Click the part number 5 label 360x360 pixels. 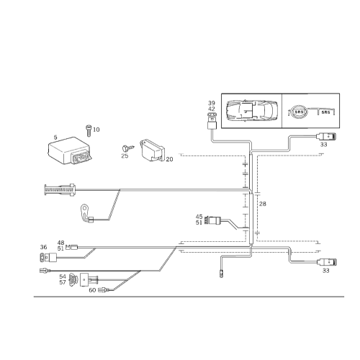pyautogui.click(x=55, y=138)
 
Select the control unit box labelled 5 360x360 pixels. pyautogui.click(x=69, y=150)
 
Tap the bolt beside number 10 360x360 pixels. pyautogui.click(x=89, y=131)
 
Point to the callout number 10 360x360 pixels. pyautogui.click(x=96, y=130)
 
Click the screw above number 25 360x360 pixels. pyautogui.click(x=127, y=148)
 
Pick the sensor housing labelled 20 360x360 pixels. pyautogui.click(x=153, y=150)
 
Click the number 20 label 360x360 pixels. pyautogui.click(x=169, y=159)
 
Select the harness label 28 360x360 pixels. pyautogui.click(x=263, y=204)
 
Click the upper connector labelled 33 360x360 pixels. pyautogui.click(x=326, y=137)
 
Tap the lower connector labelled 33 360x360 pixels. pyautogui.click(x=327, y=262)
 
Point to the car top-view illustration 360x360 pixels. pyautogui.click(x=252, y=111)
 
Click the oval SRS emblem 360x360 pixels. pyautogui.click(x=299, y=112)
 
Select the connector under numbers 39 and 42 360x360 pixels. pyautogui.click(x=212, y=122)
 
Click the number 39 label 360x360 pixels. pyautogui.click(x=212, y=103)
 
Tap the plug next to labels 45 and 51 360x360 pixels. pyautogui.click(x=214, y=220)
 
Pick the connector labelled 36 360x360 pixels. pyautogui.click(x=48, y=258)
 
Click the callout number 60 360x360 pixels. pyautogui.click(x=92, y=290)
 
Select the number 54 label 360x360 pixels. pyautogui.click(x=63, y=276)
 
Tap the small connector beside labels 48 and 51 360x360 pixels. pyautogui.click(x=72, y=246)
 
